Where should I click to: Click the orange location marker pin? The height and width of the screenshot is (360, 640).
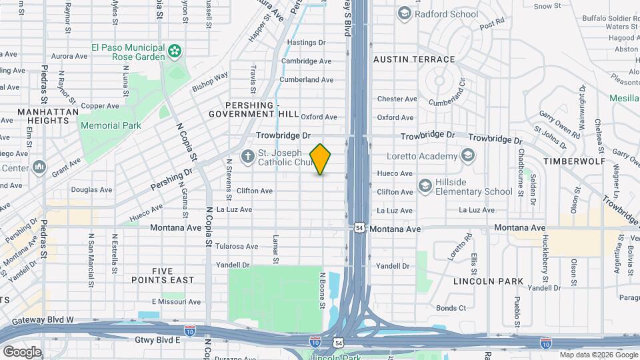(x=321, y=159)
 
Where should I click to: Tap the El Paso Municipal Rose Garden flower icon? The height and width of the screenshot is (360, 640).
(x=175, y=51)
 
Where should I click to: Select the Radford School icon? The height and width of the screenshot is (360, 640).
(x=404, y=13)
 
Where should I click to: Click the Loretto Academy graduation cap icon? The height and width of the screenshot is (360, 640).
(x=468, y=157)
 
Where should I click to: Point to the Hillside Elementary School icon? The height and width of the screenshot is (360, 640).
(x=424, y=185)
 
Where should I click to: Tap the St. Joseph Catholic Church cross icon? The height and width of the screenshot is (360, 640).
(x=247, y=157)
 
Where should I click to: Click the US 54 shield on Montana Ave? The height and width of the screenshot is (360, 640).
(x=359, y=228)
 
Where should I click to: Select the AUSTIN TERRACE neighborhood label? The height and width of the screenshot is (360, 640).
(x=414, y=59)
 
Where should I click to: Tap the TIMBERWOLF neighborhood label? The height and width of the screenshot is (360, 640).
(x=574, y=161)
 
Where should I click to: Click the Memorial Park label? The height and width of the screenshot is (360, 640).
(x=111, y=125)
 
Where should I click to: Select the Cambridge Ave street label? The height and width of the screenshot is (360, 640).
(x=306, y=61)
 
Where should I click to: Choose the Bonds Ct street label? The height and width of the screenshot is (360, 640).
(x=451, y=308)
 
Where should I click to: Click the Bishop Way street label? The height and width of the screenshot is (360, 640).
(x=210, y=82)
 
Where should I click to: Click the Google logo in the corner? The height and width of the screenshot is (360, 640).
(x=22, y=351)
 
